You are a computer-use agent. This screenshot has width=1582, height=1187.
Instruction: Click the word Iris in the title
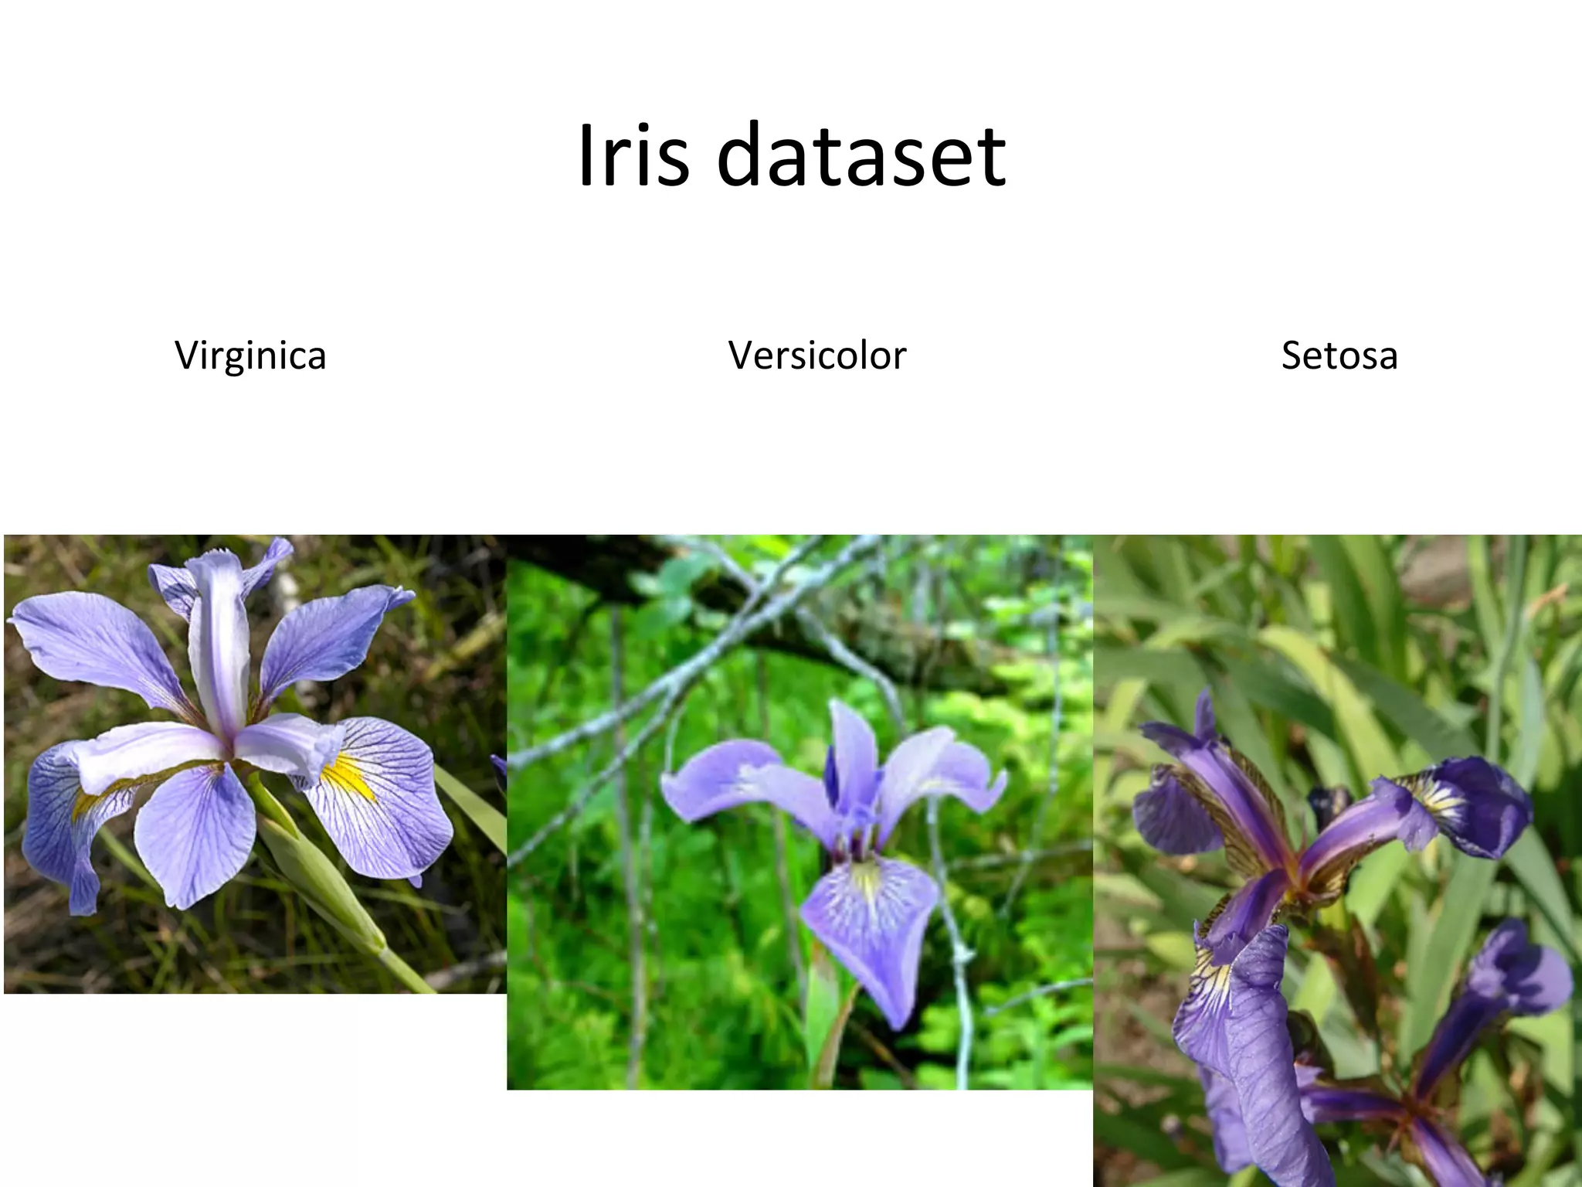click(x=633, y=155)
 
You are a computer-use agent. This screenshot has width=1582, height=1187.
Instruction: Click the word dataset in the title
click(x=861, y=155)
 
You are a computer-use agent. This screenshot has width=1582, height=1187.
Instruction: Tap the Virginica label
click(x=250, y=355)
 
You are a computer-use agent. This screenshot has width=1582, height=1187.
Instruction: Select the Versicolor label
click(x=816, y=355)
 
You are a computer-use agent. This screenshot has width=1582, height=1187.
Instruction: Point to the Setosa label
click(x=1339, y=355)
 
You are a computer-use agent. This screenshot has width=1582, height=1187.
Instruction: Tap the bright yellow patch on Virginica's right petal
click(x=348, y=777)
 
